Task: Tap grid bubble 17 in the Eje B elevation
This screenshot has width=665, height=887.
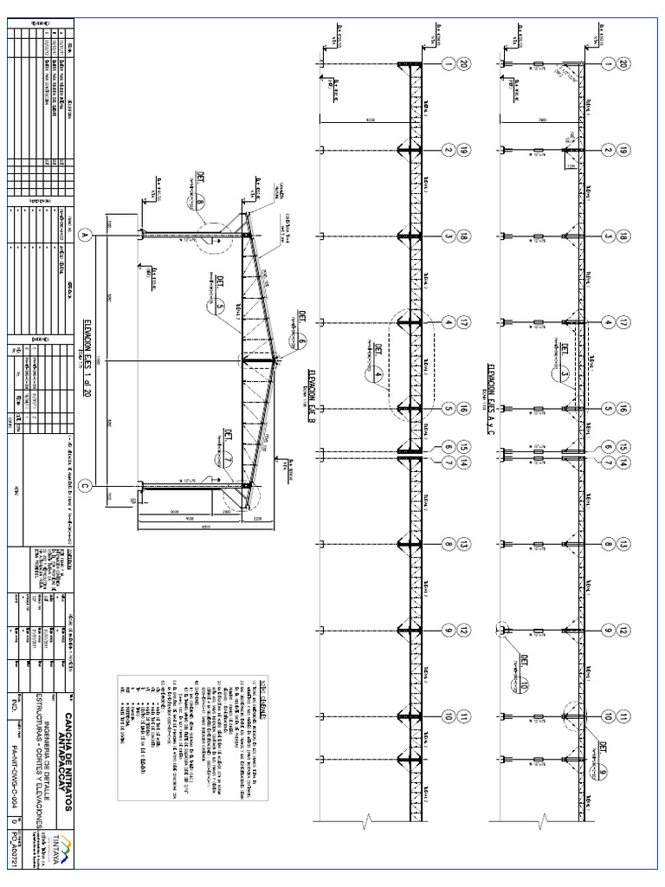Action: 465,322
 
